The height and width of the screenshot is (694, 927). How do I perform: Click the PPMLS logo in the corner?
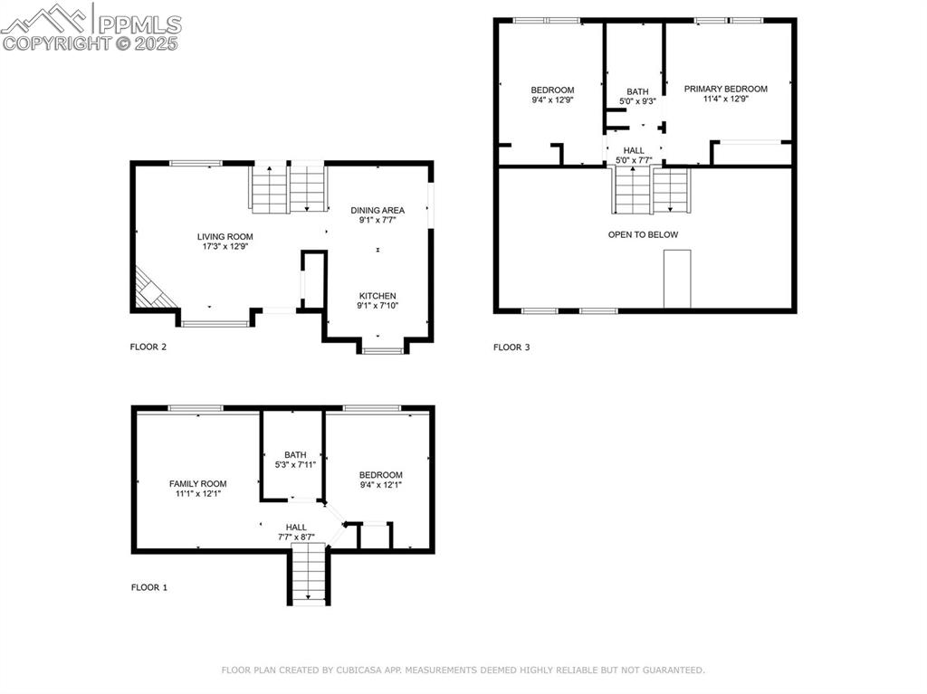[91, 26]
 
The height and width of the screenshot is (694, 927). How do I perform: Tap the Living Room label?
[225, 237]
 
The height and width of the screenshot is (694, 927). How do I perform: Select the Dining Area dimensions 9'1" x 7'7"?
[377, 220]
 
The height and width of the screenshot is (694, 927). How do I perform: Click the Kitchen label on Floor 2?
[377, 296]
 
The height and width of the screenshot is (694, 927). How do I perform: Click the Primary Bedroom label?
[725, 89]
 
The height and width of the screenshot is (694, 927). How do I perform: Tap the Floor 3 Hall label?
[634, 150]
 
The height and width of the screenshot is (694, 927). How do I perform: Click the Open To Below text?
[643, 234]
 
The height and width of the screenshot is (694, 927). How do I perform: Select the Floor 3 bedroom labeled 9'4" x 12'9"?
[551, 95]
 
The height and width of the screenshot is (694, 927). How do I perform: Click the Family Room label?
[197, 484]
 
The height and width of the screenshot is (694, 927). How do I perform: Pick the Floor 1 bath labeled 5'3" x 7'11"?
[295, 461]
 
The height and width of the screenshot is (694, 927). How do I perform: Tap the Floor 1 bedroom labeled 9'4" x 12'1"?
[380, 480]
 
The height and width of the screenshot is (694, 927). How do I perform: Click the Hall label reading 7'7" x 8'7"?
[296, 532]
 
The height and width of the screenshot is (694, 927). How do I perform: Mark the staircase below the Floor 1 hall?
[309, 574]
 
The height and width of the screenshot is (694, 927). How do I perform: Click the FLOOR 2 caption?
[148, 347]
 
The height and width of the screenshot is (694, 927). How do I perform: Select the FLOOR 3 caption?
[511, 347]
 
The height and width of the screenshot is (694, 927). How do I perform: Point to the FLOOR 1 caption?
[149, 587]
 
